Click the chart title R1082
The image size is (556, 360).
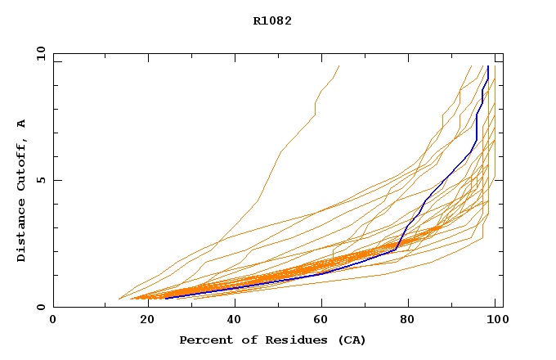[x=272, y=21]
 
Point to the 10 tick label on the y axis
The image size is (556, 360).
[x=40, y=53]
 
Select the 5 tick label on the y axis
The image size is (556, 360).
[x=40, y=180]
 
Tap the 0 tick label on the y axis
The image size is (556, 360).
[x=40, y=307]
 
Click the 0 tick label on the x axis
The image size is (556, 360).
[x=53, y=320]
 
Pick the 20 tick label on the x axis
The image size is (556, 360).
[x=146, y=320]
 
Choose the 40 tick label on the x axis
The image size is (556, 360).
[x=235, y=320]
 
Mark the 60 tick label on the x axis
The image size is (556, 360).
[x=323, y=320]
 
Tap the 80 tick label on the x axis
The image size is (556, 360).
[x=411, y=320]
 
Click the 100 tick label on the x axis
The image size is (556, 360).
[x=495, y=320]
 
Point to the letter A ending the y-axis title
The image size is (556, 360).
[x=22, y=124]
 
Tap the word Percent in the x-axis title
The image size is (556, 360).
[x=204, y=340]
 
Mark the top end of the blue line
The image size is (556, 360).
[x=488, y=66]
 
